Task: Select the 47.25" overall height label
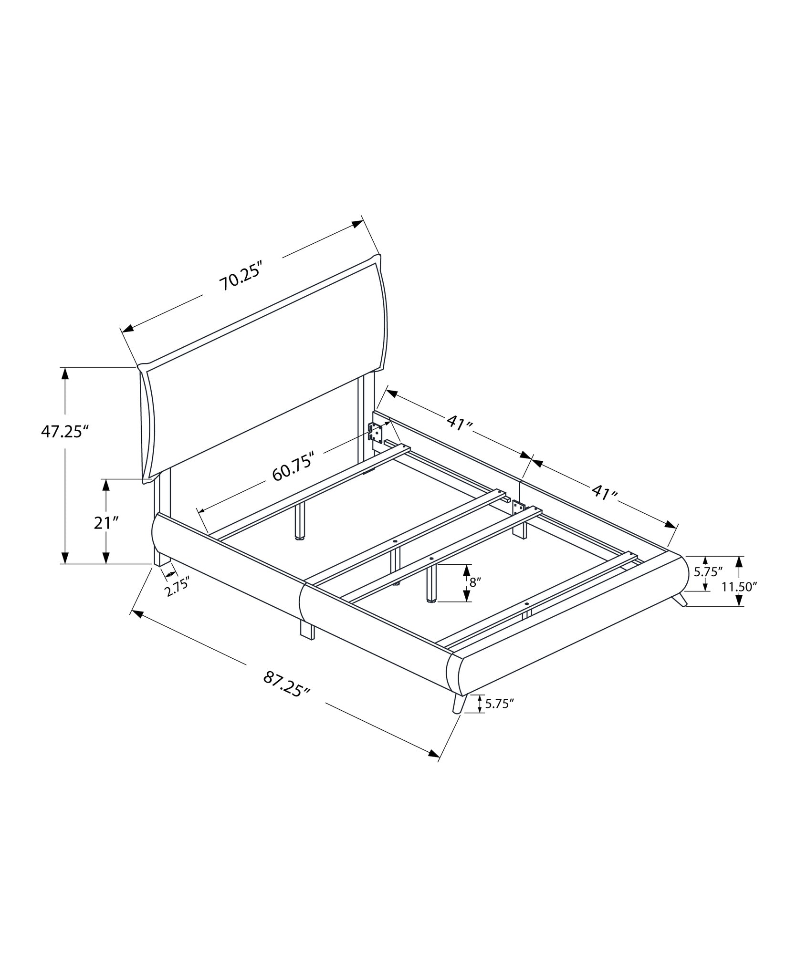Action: [65, 432]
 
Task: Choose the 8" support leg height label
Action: [474, 582]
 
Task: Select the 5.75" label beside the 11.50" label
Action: [709, 572]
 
